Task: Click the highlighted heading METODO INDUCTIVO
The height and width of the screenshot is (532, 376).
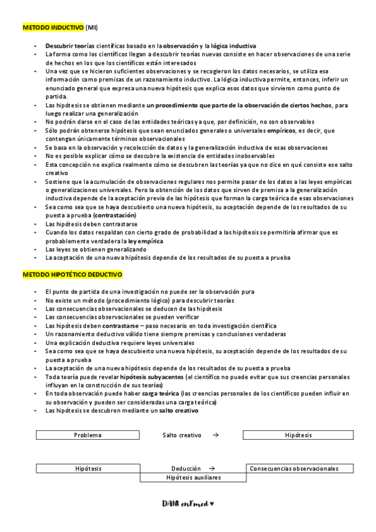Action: point(53,28)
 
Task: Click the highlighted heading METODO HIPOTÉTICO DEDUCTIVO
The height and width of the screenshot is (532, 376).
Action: point(73,275)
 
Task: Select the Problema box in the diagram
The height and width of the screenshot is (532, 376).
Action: point(88,435)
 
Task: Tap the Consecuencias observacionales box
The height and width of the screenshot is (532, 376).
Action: point(293,468)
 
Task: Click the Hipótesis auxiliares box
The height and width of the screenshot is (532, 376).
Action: point(193,477)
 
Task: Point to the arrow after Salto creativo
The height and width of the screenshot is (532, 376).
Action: point(215,435)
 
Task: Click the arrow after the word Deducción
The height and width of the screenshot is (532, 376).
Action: point(212,468)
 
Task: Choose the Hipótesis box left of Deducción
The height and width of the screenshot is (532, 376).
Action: point(88,468)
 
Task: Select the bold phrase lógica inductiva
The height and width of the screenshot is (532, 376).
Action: point(234,46)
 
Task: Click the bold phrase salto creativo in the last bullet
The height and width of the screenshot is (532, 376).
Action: point(178,410)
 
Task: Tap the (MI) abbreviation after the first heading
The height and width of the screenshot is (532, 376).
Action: point(92,28)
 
